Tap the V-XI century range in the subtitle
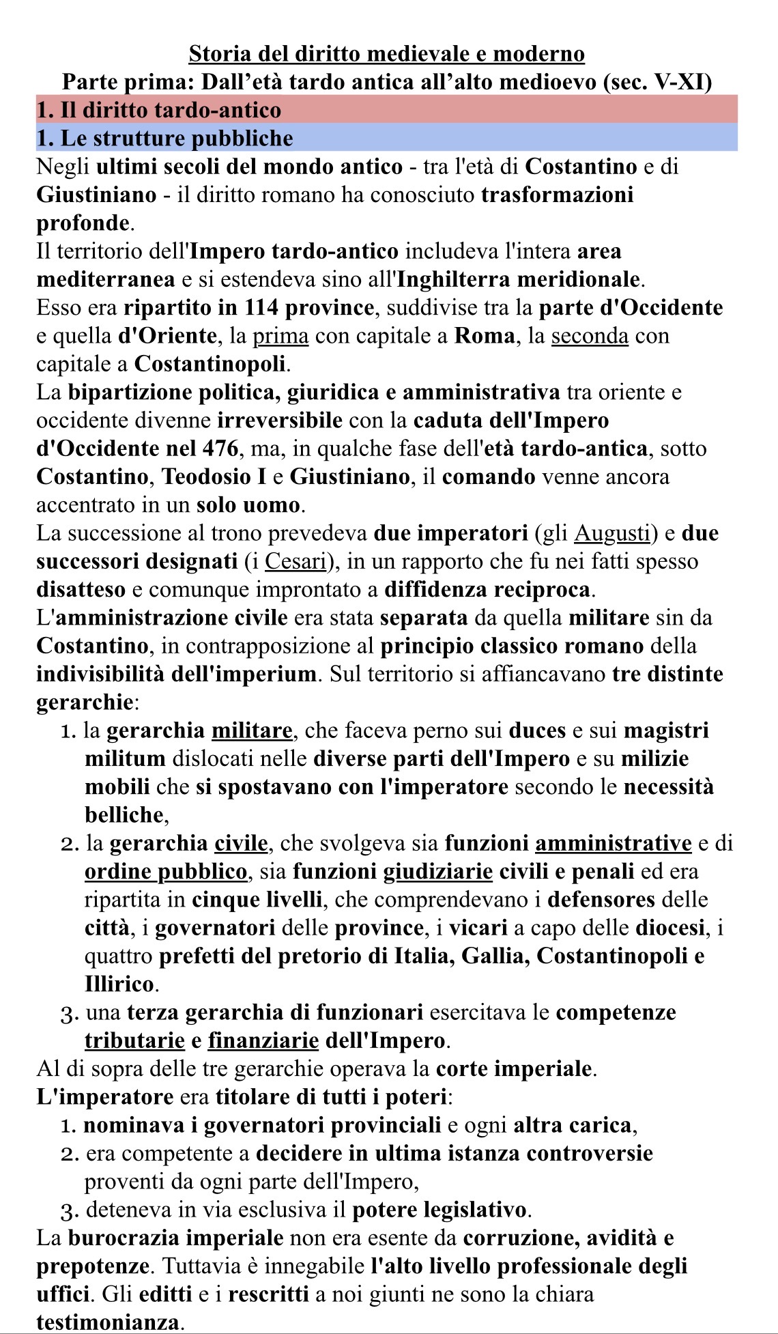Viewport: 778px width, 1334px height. point(682,82)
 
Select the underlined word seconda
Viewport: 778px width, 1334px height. point(590,336)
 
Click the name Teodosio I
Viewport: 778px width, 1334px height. point(214,477)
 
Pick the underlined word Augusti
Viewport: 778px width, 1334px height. point(612,533)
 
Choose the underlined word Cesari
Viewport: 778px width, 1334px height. point(295,561)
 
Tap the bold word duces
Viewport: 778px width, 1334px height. point(537,730)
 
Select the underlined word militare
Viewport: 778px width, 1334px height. point(252,730)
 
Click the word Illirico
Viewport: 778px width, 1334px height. point(119,984)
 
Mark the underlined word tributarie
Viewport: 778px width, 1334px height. point(134,1040)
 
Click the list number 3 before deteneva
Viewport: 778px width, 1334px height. point(70,1210)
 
